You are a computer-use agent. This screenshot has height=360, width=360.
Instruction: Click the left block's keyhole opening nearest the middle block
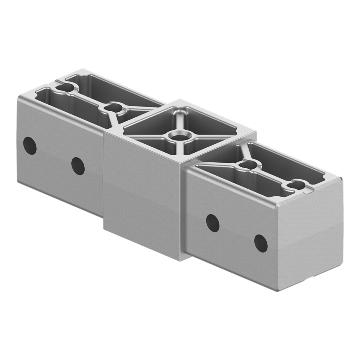click(111, 108)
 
